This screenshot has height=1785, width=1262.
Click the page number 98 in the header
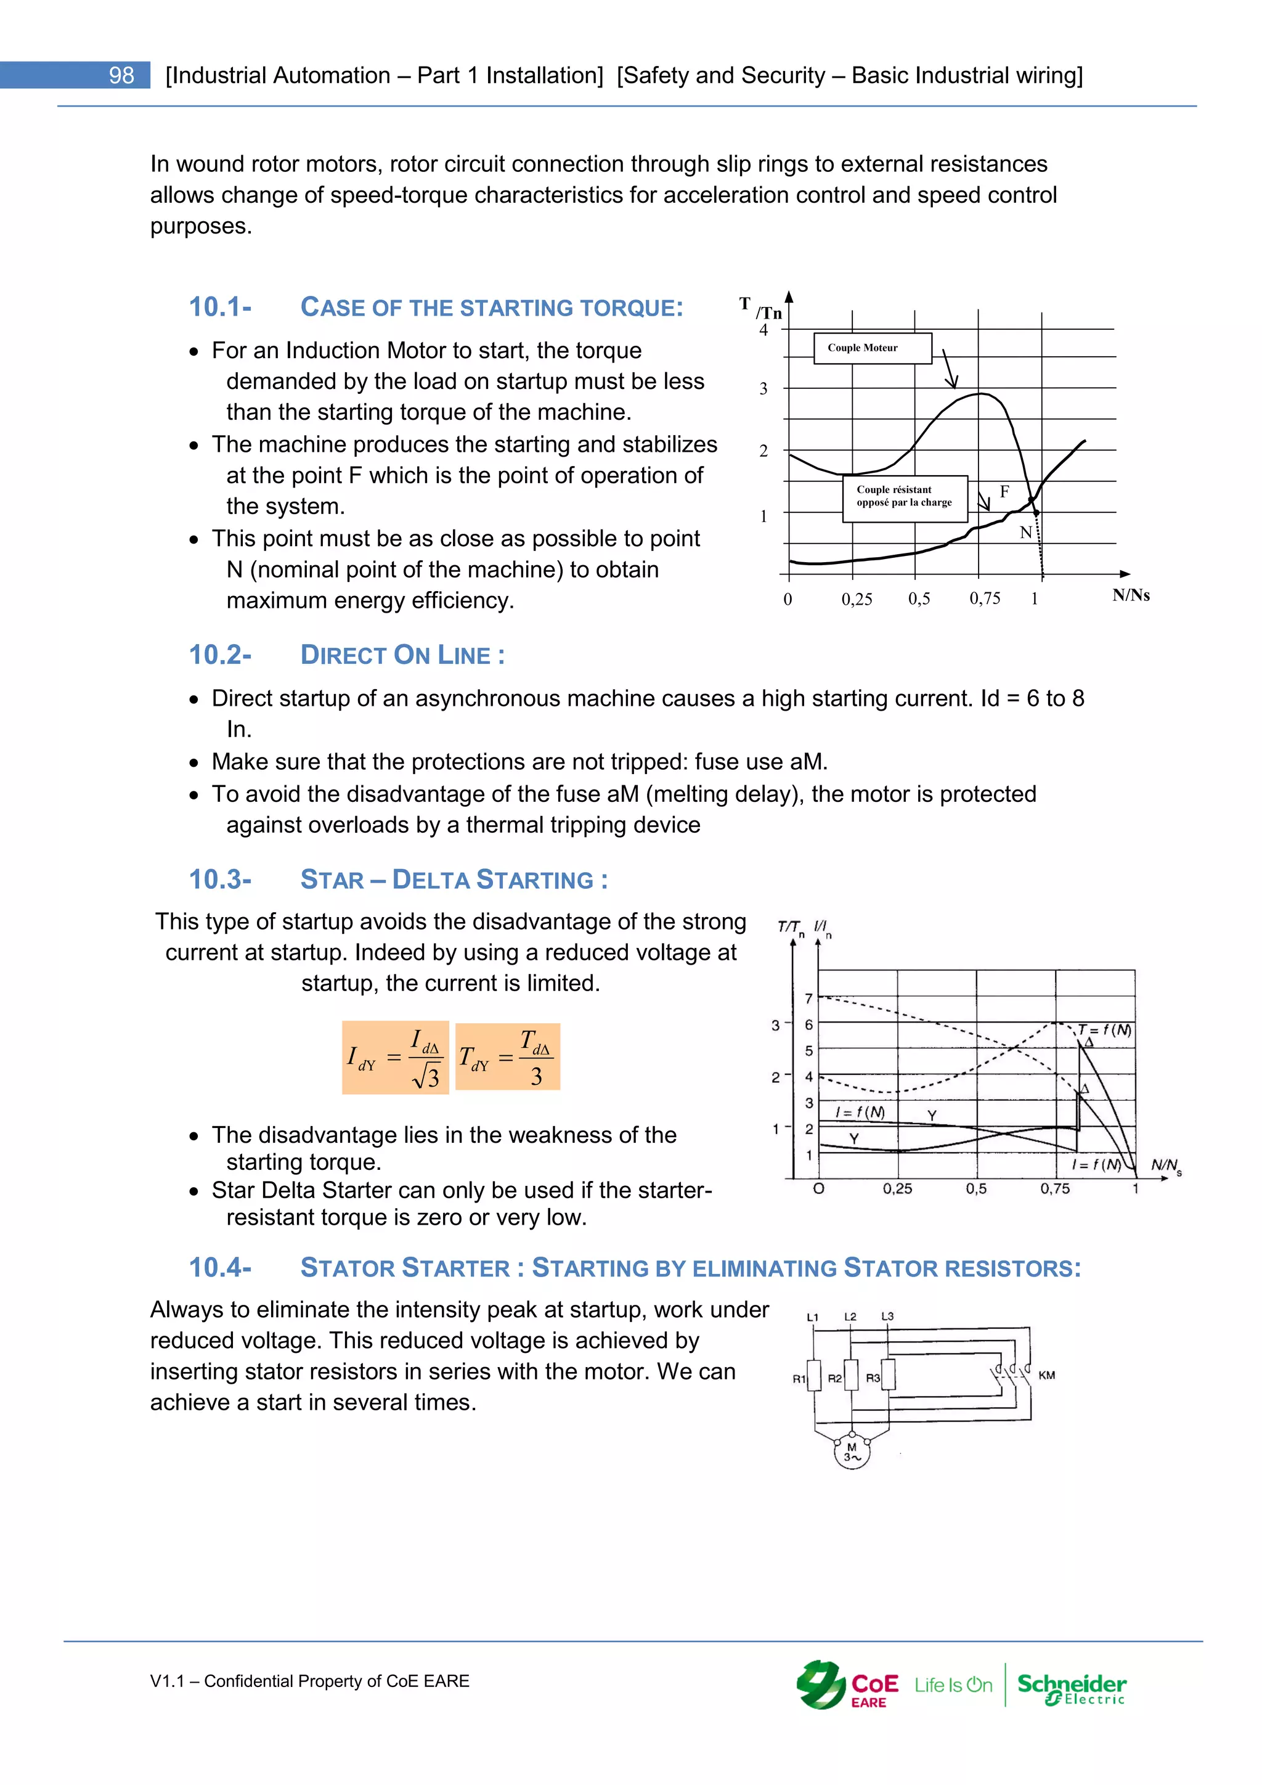[121, 75]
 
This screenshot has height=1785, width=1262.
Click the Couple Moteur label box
[872, 348]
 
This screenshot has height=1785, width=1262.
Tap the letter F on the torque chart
[1004, 491]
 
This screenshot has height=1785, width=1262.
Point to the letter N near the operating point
[1025, 533]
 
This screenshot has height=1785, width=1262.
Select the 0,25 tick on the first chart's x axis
[857, 599]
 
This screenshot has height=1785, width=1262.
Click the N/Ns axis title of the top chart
[1130, 595]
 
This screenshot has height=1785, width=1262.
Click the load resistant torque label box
[905, 497]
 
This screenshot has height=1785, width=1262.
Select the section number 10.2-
[220, 655]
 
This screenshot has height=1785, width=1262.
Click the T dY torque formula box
[507, 1056]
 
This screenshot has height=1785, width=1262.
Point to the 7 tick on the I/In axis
[808, 999]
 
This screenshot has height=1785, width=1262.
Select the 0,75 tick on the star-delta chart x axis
[1054, 1189]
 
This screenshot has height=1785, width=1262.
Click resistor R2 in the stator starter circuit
[851, 1374]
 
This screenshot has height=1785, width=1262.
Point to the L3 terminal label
[887, 1316]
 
